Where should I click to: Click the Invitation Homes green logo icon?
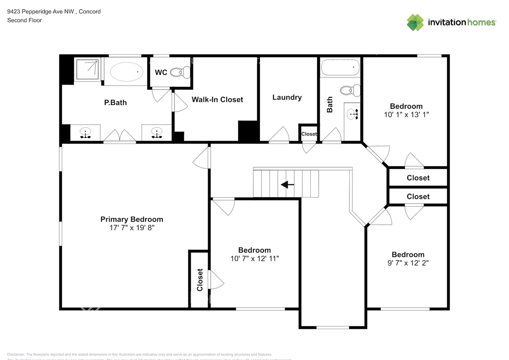pyautogui.click(x=415, y=22)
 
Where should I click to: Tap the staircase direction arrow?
pyautogui.click(x=287, y=185)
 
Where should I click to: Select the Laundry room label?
pyautogui.click(x=287, y=97)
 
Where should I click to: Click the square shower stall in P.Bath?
pyautogui.click(x=87, y=70)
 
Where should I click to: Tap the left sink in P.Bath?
pyautogui.click(x=85, y=132)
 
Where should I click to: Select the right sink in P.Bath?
pyautogui.click(x=156, y=132)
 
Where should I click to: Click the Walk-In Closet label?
pyautogui.click(x=217, y=100)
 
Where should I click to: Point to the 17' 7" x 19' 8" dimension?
pyautogui.click(x=132, y=228)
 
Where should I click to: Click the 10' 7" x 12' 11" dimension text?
pyautogui.click(x=254, y=258)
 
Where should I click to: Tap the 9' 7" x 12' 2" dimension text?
pyautogui.click(x=408, y=263)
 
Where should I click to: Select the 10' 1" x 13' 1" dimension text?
pyautogui.click(x=406, y=114)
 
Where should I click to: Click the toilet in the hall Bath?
pyautogui.click(x=350, y=90)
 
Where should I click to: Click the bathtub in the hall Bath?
pyautogui.click(x=340, y=67)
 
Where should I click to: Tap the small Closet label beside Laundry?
pyautogui.click(x=309, y=134)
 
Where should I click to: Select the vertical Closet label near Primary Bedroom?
pyautogui.click(x=200, y=280)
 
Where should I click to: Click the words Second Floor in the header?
pyautogui.click(x=24, y=20)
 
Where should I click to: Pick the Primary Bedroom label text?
pyautogui.click(x=132, y=219)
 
